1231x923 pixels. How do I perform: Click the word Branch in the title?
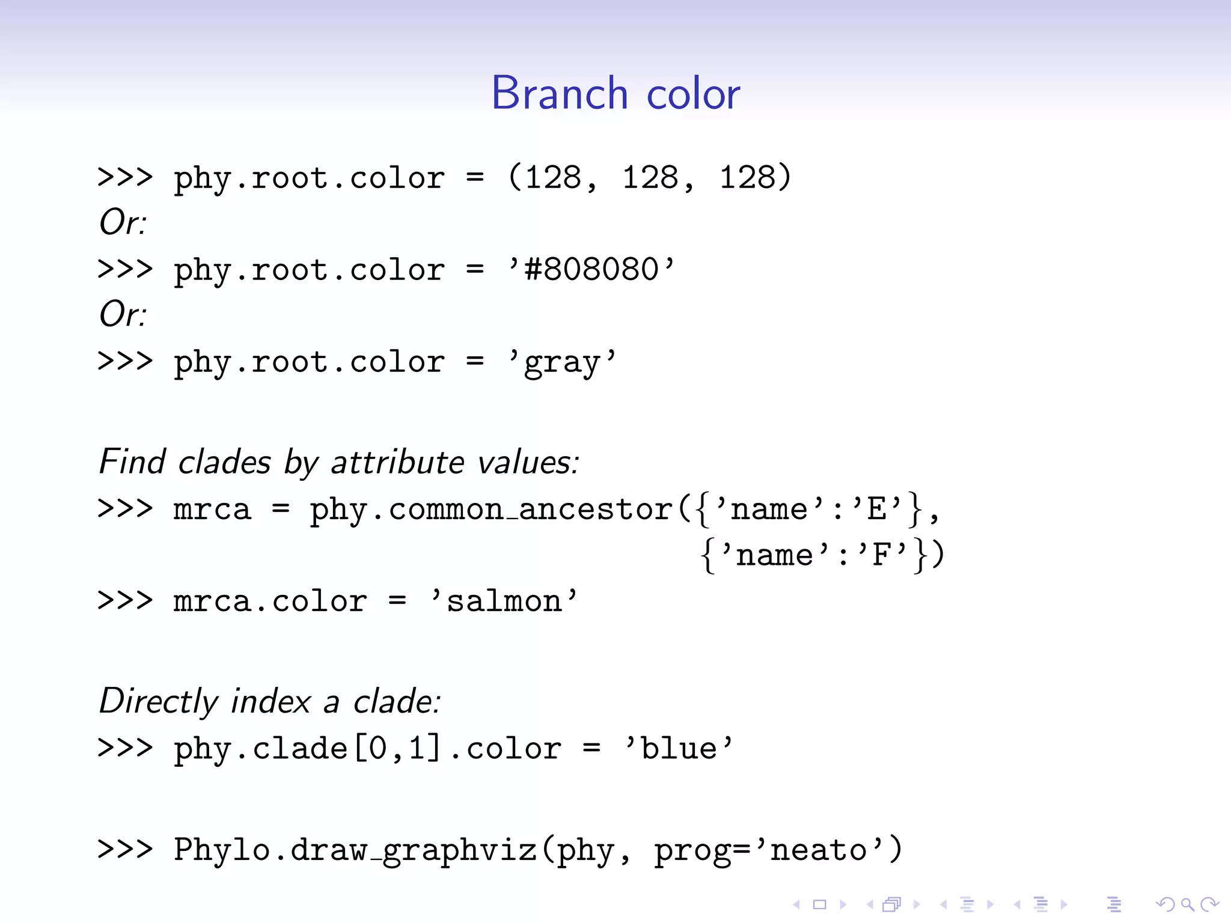click(x=560, y=94)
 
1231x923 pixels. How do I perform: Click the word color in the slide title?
click(x=693, y=95)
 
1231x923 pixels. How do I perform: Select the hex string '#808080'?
click(x=592, y=269)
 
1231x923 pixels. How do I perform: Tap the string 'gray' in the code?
click(x=562, y=362)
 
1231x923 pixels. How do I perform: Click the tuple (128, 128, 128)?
click(x=650, y=177)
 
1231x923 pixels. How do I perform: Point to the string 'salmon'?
click(x=504, y=601)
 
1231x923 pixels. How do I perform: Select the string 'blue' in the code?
click(x=679, y=749)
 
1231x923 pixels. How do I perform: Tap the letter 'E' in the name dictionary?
click(x=877, y=510)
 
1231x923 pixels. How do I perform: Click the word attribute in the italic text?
click(x=397, y=462)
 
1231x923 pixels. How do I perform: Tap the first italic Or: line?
click(x=123, y=222)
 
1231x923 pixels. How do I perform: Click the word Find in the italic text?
click(x=132, y=461)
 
